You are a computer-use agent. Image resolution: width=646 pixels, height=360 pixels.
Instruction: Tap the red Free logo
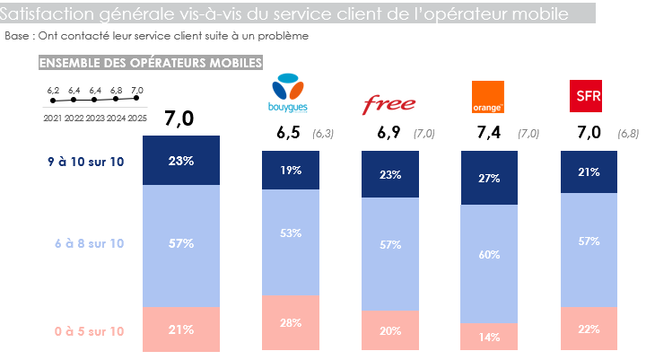[388, 104]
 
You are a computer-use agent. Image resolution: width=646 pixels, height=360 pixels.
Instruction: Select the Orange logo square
[487, 97]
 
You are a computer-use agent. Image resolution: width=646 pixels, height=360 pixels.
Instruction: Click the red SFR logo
[587, 95]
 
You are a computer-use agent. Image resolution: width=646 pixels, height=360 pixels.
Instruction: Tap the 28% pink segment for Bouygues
[291, 322]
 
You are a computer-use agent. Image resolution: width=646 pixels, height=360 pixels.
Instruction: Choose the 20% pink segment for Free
[390, 330]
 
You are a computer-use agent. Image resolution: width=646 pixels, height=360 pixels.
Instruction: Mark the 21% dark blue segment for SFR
[589, 171]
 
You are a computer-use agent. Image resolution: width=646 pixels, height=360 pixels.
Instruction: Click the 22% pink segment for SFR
[589, 329]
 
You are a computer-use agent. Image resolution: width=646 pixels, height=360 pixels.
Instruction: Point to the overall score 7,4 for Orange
[488, 133]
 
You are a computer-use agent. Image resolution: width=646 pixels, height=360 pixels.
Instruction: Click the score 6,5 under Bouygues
[288, 133]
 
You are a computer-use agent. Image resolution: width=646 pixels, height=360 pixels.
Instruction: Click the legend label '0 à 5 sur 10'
[89, 331]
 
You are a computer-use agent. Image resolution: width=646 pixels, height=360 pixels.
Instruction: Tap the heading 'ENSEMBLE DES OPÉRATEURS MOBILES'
[150, 63]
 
